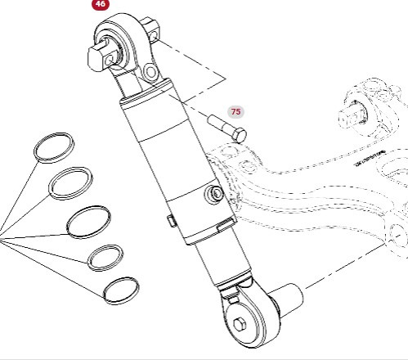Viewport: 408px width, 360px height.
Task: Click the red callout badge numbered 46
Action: click(101, 4)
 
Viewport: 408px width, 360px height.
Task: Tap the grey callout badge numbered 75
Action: click(235, 111)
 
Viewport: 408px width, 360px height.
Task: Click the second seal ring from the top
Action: click(69, 182)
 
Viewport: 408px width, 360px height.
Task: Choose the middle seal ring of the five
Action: click(88, 221)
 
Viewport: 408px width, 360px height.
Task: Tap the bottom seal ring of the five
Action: click(121, 289)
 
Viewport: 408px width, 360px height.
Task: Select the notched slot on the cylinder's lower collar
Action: click(223, 227)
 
